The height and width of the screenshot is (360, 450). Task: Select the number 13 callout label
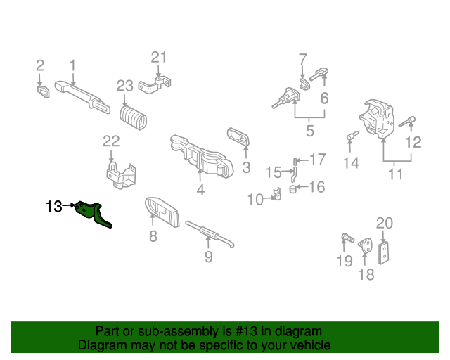(x=53, y=207)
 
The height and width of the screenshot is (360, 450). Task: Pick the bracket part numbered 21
(x=156, y=86)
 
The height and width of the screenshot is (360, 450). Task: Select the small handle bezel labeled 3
(x=238, y=136)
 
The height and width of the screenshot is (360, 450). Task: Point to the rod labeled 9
(x=210, y=234)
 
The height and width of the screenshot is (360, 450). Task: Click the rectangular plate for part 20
(x=384, y=251)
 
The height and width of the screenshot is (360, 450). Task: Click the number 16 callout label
(x=317, y=187)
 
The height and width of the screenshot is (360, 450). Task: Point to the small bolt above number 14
(x=352, y=135)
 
